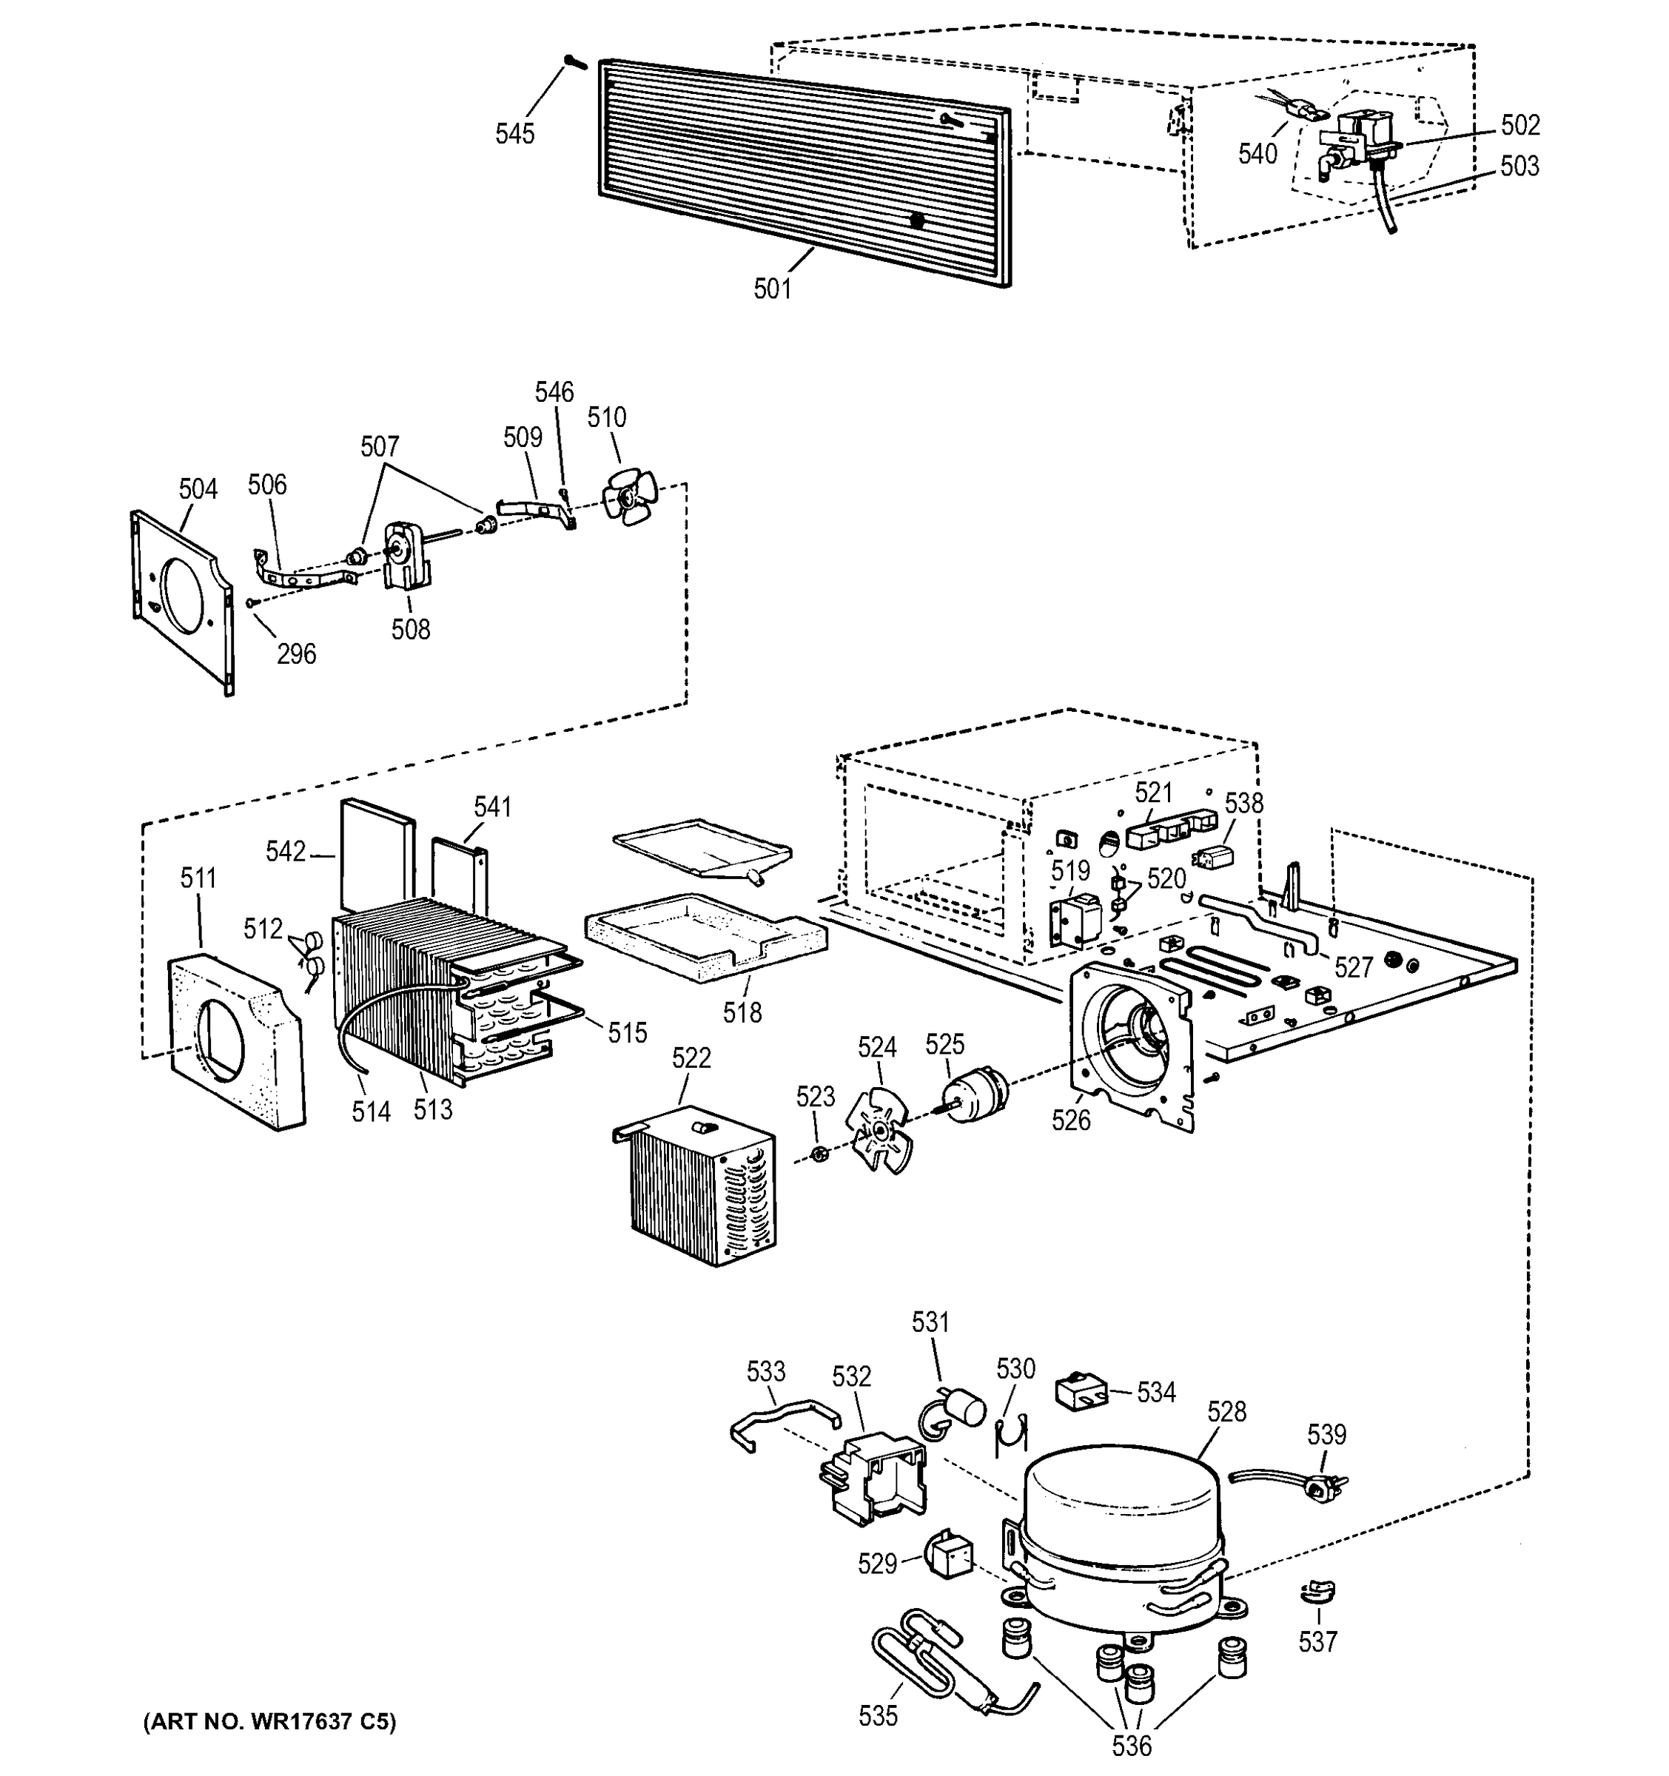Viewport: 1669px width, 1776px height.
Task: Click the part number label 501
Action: pos(772,289)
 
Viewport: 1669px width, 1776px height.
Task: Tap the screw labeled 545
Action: pos(573,61)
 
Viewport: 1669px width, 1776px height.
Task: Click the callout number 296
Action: pos(296,654)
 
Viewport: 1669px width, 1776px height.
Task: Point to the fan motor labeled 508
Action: pos(406,556)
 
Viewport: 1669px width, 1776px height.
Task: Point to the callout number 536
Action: pos(1131,1744)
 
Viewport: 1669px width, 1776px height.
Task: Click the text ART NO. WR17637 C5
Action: pos(269,1721)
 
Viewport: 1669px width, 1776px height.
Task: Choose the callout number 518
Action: pos(742,1012)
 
